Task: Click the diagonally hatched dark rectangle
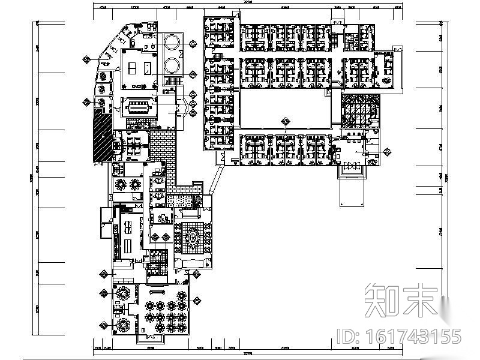point(101,136)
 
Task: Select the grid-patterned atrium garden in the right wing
point(358,112)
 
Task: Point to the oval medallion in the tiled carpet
point(194,238)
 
